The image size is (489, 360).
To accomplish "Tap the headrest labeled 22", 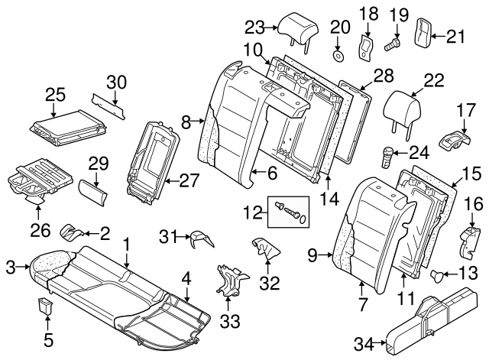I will coord(403,105).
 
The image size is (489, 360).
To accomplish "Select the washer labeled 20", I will coord(337,54).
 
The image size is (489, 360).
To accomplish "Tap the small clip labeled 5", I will coord(45,307).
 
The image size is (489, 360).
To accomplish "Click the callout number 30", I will coord(115,82).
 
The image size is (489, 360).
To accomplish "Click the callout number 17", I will coord(465,111).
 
